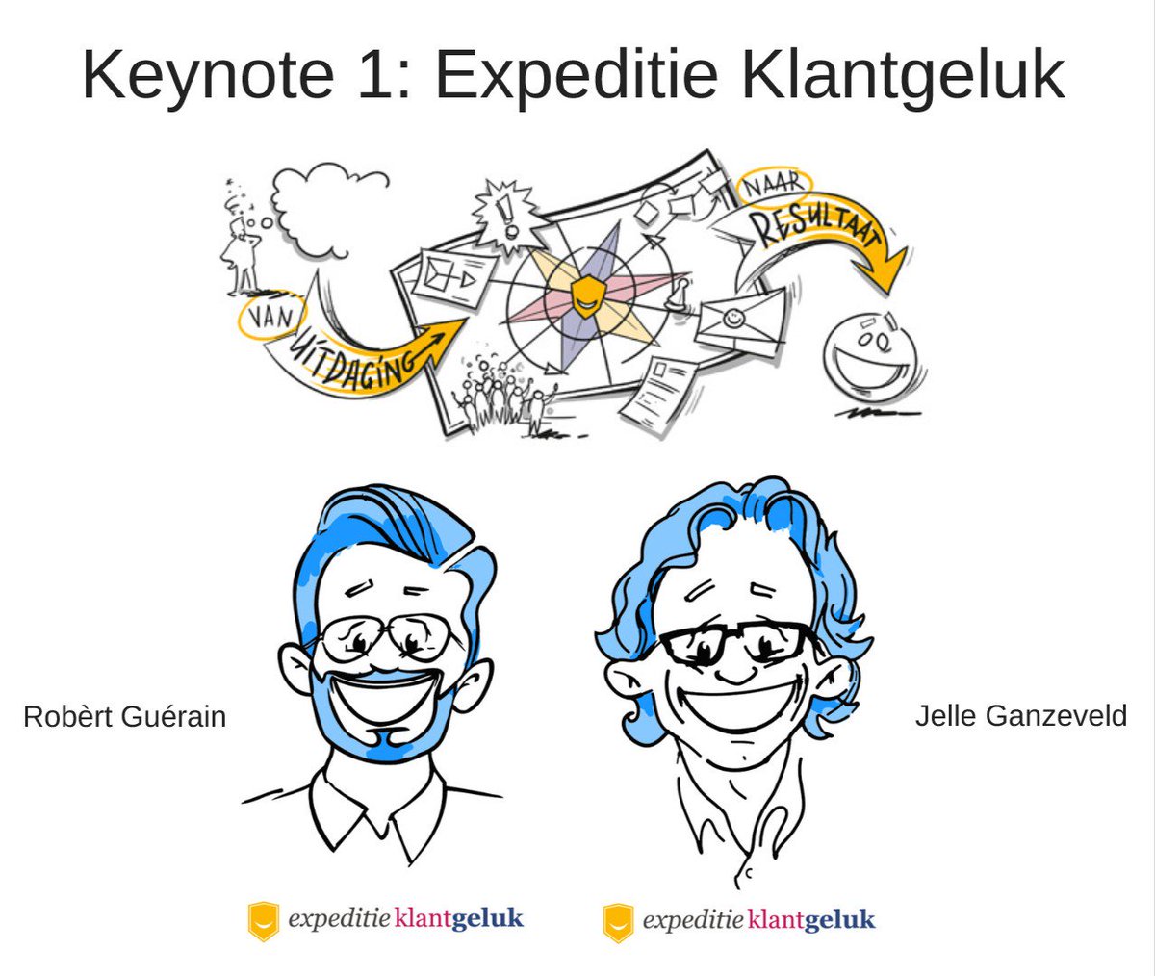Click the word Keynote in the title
(208, 75)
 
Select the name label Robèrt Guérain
(124, 717)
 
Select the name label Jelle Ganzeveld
(1020, 717)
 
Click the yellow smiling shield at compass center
(583, 295)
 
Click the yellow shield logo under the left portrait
(263, 920)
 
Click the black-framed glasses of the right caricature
(736, 643)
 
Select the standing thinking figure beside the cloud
(241, 250)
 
